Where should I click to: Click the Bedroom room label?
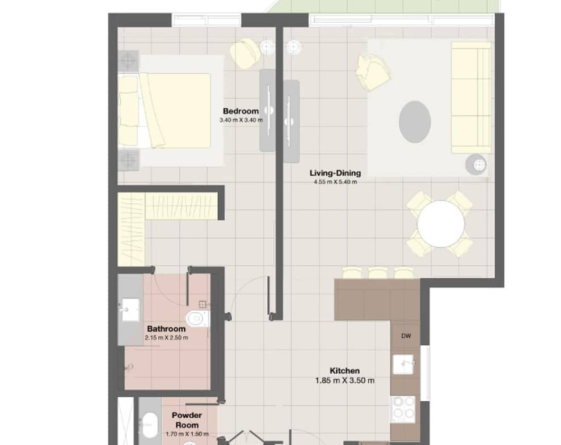coord(241,111)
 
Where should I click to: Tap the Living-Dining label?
coord(335,173)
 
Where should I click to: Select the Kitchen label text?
coord(344,371)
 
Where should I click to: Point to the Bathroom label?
coord(166,329)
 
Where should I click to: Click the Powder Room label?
coord(187,420)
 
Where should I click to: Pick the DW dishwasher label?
coord(406,336)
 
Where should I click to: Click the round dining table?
coord(441,224)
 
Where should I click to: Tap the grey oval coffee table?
coord(415,122)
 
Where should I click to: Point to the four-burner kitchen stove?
coord(404,409)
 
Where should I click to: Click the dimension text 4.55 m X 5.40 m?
coord(335,182)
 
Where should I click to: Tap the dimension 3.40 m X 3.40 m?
coord(241,120)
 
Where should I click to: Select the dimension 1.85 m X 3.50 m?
coord(345,381)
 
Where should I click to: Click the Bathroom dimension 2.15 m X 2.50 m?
coord(166,338)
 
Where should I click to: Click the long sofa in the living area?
coord(471,98)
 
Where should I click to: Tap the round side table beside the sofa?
coord(476,164)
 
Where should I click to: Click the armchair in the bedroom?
coord(245,53)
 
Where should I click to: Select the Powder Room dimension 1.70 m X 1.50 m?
coord(187,434)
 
